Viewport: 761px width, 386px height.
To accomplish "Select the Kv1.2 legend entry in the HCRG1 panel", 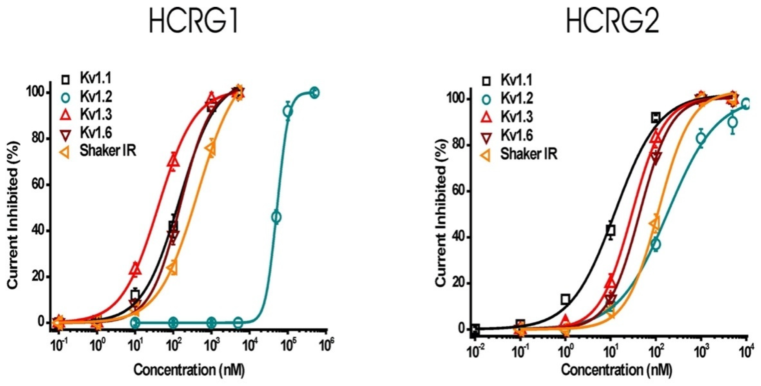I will (96, 97).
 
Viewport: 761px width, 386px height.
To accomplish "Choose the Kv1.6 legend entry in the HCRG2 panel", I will (517, 135).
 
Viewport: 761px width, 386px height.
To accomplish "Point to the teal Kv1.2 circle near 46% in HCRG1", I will (276, 217).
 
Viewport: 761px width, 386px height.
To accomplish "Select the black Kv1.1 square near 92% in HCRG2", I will (655, 118).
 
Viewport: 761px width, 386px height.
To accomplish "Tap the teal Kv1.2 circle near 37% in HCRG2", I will (655, 244).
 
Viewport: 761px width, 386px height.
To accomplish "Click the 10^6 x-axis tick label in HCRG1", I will (326, 346).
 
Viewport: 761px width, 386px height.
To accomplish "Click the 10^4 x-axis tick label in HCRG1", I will (250, 346).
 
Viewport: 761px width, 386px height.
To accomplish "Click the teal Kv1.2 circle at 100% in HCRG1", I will (315, 93).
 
